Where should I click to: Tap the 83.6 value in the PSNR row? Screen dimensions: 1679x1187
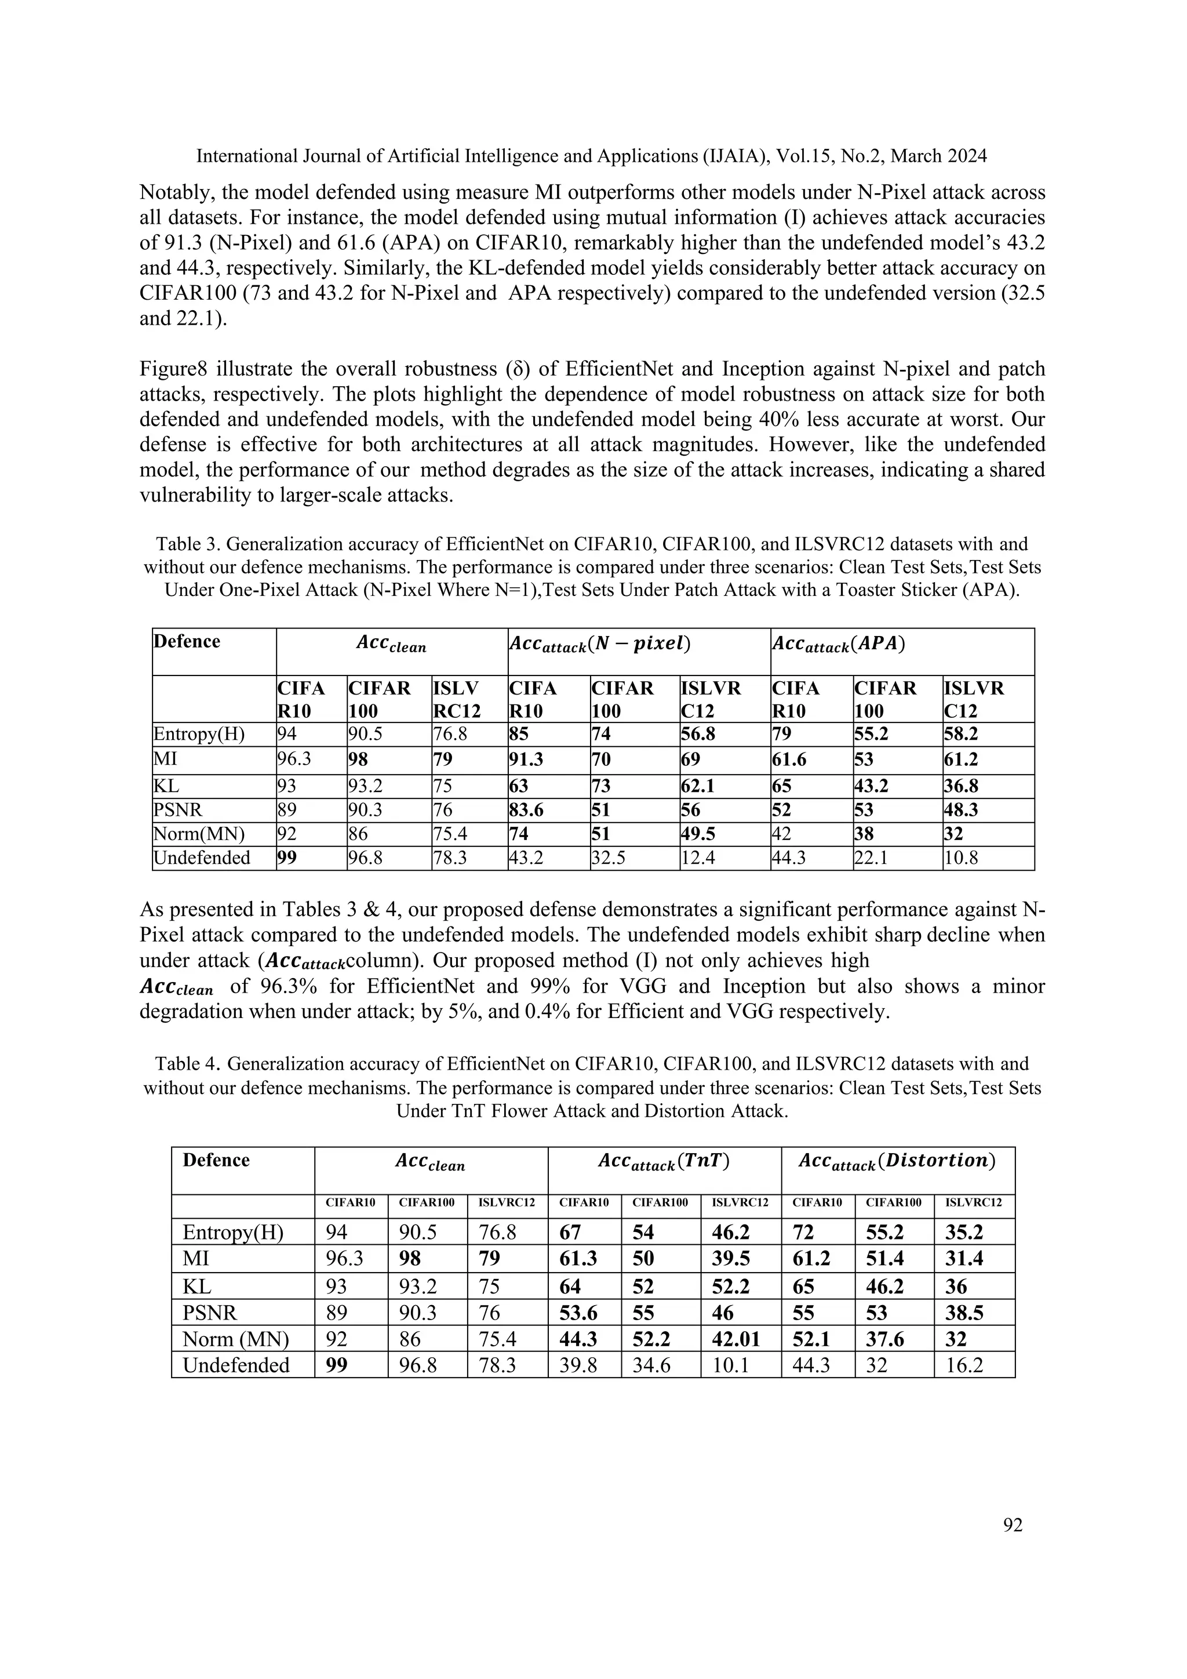tap(528, 809)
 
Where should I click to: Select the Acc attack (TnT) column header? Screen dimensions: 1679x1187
tap(664, 1162)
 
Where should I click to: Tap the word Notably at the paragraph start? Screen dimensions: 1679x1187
tap(174, 192)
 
